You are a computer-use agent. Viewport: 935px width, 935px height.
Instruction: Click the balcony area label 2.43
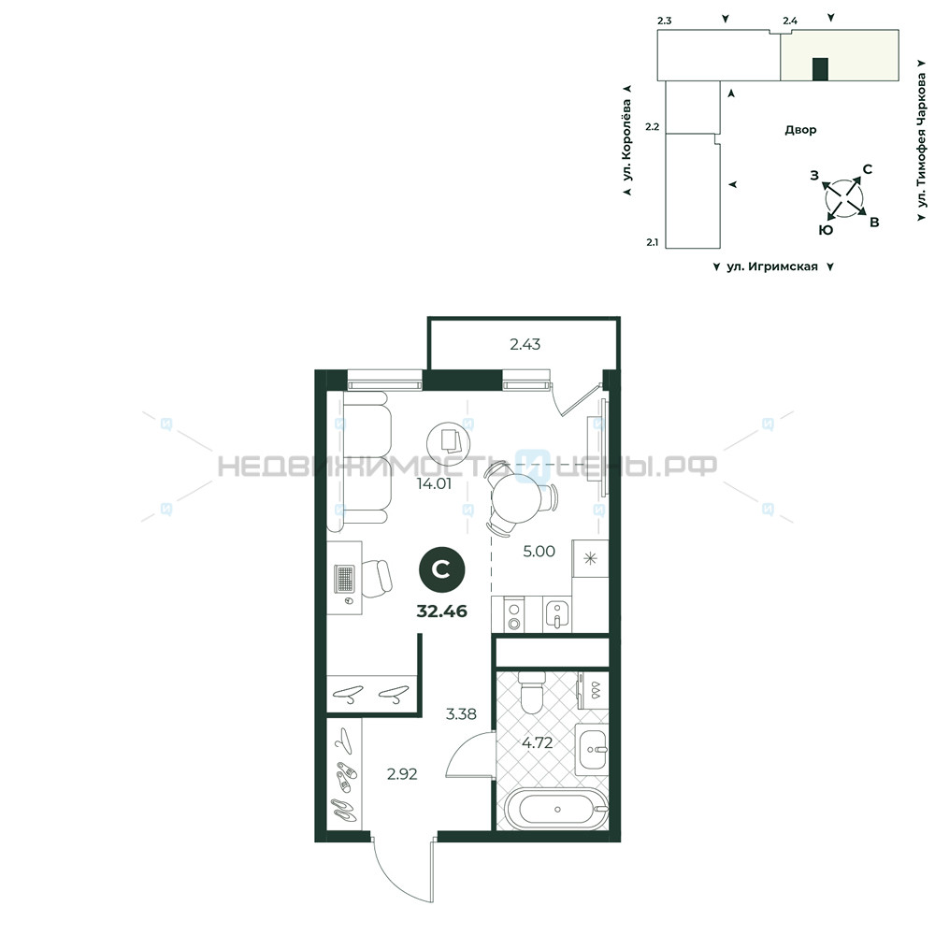point(525,344)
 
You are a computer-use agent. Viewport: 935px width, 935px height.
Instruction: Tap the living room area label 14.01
point(434,483)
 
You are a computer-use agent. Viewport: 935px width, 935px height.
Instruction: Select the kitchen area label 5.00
point(539,551)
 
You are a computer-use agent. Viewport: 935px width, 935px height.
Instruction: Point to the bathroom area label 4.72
point(538,742)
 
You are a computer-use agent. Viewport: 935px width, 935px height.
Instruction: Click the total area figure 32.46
point(442,611)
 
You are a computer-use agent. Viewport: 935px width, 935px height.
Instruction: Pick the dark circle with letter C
point(442,570)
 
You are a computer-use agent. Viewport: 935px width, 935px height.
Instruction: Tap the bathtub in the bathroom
point(555,809)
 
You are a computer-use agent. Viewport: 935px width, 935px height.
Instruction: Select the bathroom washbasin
point(592,750)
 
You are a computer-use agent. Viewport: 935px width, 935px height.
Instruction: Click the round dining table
point(516,496)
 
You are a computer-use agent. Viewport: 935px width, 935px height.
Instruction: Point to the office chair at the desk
point(377,578)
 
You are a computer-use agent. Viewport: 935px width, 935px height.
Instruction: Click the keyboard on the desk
point(345,578)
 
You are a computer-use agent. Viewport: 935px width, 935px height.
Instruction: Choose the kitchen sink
point(557,614)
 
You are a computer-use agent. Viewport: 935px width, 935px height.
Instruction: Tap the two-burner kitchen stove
point(513,615)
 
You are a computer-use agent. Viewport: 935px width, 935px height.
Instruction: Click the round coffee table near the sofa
point(449,442)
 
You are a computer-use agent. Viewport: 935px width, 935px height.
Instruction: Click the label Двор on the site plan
point(800,129)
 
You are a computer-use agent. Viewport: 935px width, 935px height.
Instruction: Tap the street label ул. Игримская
point(772,266)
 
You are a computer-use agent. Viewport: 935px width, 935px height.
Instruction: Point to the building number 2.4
point(790,21)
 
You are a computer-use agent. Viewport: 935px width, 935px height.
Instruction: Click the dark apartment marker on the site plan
point(821,69)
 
